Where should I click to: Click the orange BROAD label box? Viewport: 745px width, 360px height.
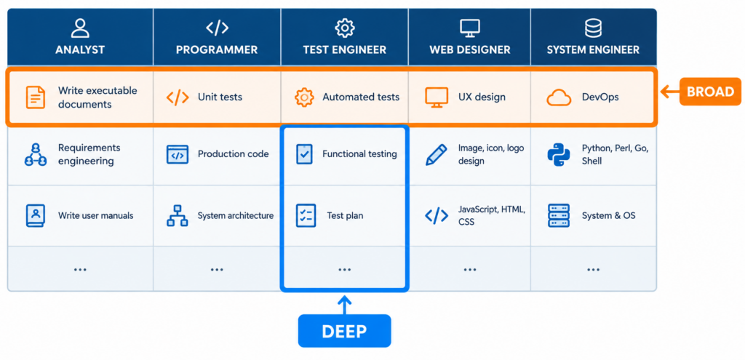[710, 91]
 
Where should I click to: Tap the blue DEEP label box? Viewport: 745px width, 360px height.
[344, 331]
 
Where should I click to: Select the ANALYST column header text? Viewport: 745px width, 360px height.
[80, 50]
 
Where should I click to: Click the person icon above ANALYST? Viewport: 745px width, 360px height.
[80, 28]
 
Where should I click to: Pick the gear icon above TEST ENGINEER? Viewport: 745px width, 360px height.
[344, 28]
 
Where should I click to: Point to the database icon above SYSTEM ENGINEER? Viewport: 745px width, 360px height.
[593, 28]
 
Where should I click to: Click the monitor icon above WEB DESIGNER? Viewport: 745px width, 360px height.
[469, 28]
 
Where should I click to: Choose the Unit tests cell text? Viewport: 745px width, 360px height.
[220, 97]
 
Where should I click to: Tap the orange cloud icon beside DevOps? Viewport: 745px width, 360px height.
[559, 98]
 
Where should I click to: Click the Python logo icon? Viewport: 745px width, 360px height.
[559, 155]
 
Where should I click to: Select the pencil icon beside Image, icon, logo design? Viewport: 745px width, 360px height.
[437, 155]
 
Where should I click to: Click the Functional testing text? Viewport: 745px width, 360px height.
[359, 154]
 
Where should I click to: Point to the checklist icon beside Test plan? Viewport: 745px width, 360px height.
[306, 215]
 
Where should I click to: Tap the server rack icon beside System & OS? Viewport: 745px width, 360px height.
[559, 215]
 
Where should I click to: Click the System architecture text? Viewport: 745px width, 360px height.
[236, 215]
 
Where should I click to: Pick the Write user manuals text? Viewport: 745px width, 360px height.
[96, 215]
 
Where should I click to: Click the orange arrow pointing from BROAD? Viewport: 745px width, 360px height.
[669, 92]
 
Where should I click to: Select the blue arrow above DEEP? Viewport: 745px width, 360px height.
[344, 305]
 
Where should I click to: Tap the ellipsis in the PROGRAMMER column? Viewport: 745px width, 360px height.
[217, 270]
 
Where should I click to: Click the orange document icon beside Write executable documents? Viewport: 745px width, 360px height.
[35, 97]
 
